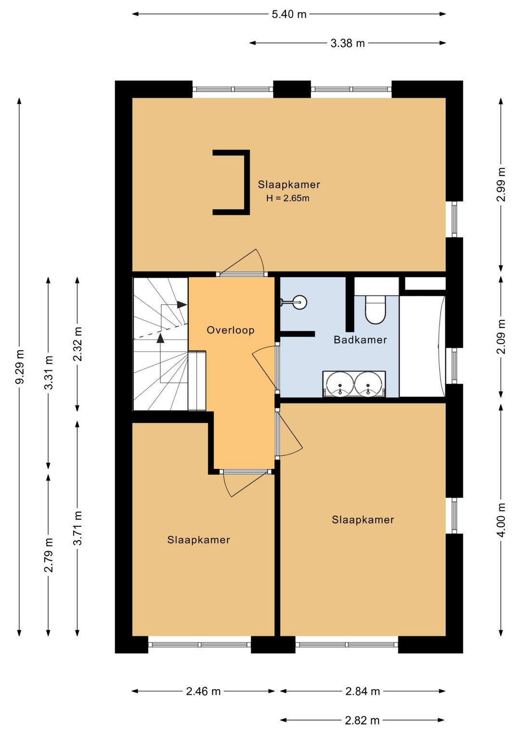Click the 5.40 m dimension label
click(289, 14)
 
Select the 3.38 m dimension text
click(348, 43)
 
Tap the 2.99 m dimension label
click(501, 185)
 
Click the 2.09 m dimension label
click(501, 337)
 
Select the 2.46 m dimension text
click(203, 691)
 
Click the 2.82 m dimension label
click(362, 721)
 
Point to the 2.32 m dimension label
click(78, 344)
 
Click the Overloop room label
click(231, 330)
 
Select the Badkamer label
click(360, 340)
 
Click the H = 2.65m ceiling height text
click(288, 198)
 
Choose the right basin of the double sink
click(368, 384)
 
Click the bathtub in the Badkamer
click(422, 346)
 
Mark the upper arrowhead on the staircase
click(182, 304)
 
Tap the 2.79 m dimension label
click(49, 555)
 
